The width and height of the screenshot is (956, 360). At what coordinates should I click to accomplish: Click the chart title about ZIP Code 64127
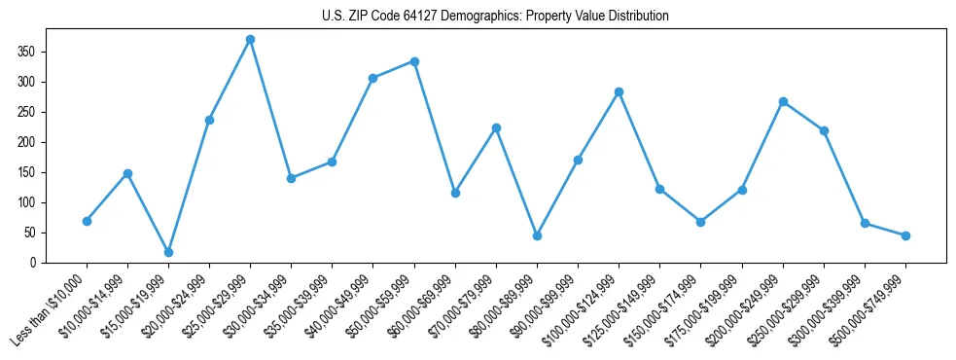[495, 16]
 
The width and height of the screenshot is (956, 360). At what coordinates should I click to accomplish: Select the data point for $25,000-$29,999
[250, 40]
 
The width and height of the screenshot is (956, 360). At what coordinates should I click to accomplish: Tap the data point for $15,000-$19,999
[168, 252]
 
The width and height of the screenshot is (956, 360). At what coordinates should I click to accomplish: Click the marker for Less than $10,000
[87, 221]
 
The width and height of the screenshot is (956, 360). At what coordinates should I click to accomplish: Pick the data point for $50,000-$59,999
[414, 61]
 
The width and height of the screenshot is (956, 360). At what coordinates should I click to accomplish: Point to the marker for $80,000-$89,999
[537, 235]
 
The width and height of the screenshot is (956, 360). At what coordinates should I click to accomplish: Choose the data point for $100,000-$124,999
[619, 91]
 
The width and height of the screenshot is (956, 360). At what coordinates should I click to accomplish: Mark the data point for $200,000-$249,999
[783, 101]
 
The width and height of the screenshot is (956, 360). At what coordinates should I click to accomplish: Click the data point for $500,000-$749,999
[905, 235]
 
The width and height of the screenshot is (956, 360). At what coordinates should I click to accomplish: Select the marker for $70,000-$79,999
[496, 127]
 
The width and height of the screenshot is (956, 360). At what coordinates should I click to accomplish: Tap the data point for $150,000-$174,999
[700, 222]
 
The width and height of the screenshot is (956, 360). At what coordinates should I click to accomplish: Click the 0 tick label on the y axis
[34, 263]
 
